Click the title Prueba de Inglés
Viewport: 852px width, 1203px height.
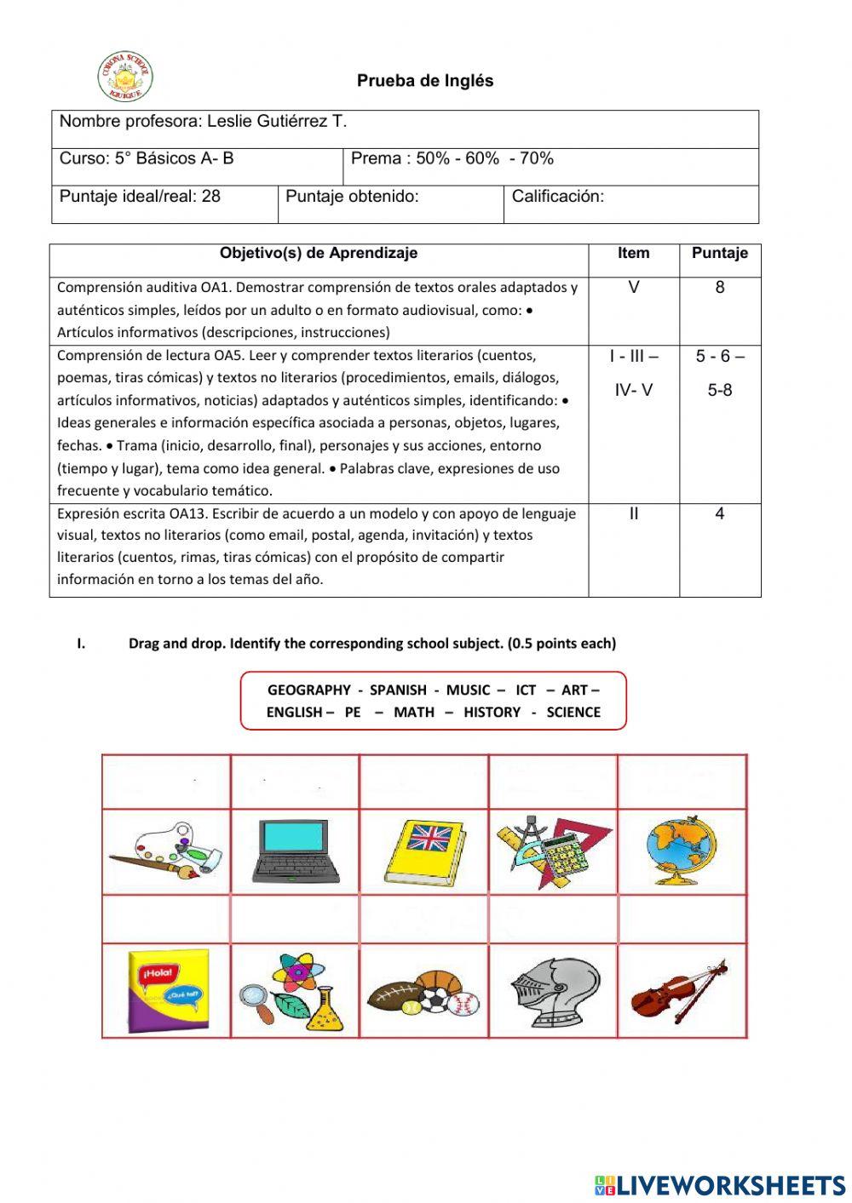point(425,81)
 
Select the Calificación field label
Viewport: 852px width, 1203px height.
point(557,197)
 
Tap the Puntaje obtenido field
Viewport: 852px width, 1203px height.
point(352,197)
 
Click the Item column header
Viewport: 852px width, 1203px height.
point(633,253)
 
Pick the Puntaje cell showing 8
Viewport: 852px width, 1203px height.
point(719,288)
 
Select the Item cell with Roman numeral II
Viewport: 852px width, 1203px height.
point(633,514)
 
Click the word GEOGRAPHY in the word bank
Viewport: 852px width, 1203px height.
point(308,690)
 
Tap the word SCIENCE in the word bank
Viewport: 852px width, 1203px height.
point(573,713)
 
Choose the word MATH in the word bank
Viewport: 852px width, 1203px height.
point(413,713)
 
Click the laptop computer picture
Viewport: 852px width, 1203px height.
point(296,851)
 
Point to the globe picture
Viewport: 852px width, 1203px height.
point(682,851)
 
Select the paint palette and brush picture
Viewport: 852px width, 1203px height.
point(165,851)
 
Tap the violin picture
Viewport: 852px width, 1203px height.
point(680,992)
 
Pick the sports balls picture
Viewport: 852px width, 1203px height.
point(423,993)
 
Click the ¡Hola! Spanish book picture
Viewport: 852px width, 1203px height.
point(166,990)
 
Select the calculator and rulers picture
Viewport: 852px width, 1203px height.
point(553,851)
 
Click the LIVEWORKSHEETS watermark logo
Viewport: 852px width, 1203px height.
point(720,1184)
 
